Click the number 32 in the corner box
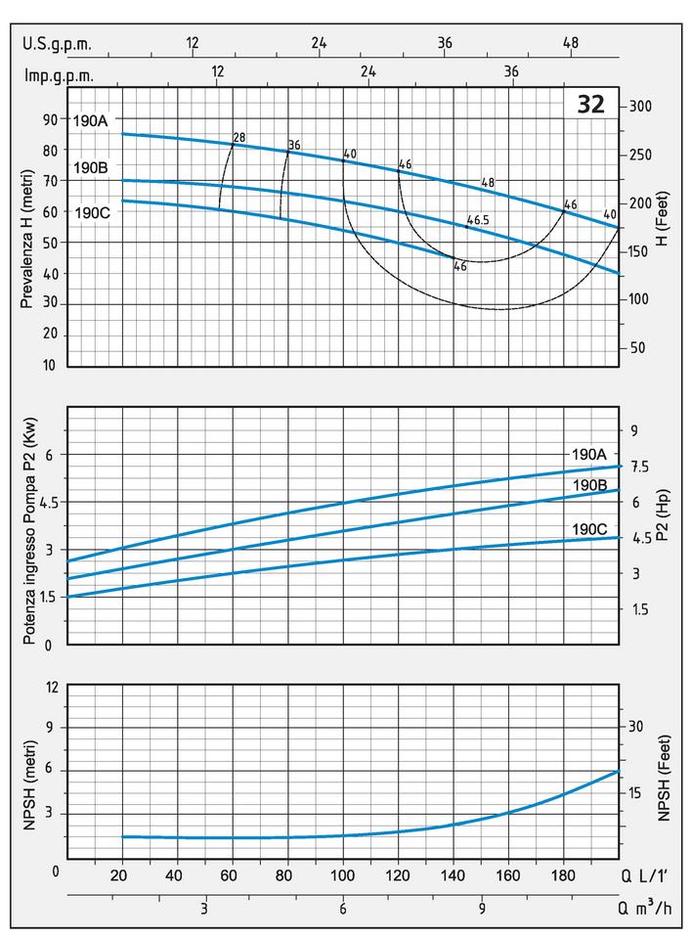(x=591, y=105)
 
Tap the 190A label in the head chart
(x=90, y=121)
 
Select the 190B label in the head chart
(x=90, y=167)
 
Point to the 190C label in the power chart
(x=589, y=529)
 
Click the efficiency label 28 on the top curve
(x=238, y=137)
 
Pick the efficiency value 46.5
(x=478, y=220)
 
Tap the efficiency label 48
(x=488, y=183)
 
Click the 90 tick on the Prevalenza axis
(x=50, y=119)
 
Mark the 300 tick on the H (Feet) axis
(x=641, y=107)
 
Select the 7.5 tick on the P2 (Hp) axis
(x=640, y=467)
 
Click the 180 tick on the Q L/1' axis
(x=563, y=873)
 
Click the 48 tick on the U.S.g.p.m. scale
(x=572, y=43)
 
